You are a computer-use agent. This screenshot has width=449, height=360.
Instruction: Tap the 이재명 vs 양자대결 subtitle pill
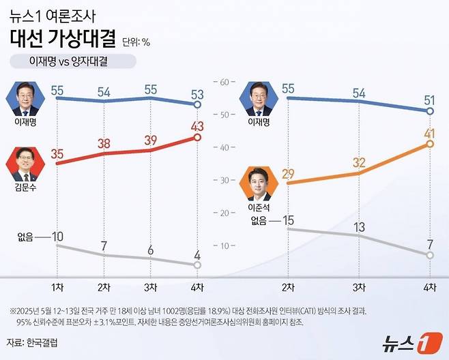pos(72,61)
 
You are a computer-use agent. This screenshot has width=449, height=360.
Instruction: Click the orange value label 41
pos(429,133)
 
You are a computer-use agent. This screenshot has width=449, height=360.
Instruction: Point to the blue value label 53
pos(197,93)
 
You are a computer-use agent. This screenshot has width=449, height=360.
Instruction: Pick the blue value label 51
pos(430,100)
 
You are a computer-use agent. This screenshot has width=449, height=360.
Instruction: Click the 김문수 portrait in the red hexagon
pos(26,164)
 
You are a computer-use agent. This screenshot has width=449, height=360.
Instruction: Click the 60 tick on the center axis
pos(222,82)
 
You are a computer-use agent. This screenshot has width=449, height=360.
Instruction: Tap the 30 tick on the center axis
pos(222,180)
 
